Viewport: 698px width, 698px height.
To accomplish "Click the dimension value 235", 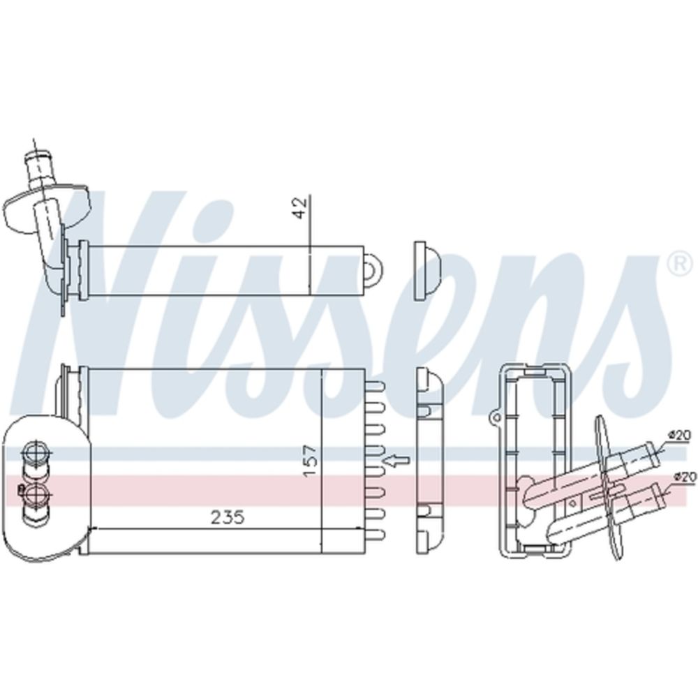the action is [228, 517].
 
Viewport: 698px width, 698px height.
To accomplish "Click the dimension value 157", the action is [311, 461].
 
